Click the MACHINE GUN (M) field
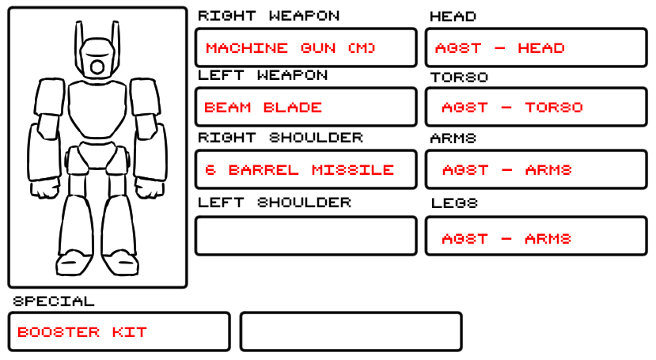[305, 47]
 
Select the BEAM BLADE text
[264, 107]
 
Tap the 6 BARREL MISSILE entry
[305, 169]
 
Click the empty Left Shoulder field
[305, 236]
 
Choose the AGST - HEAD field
[537, 47]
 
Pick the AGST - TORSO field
[537, 107]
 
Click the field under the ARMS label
[537, 169]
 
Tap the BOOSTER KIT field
[119, 332]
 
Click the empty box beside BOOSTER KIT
[351, 332]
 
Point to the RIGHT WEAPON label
[268, 16]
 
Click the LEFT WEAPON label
[262, 76]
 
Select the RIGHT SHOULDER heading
[279, 138]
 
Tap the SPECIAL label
[54, 301]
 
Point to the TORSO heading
[459, 78]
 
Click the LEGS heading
[454, 203]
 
